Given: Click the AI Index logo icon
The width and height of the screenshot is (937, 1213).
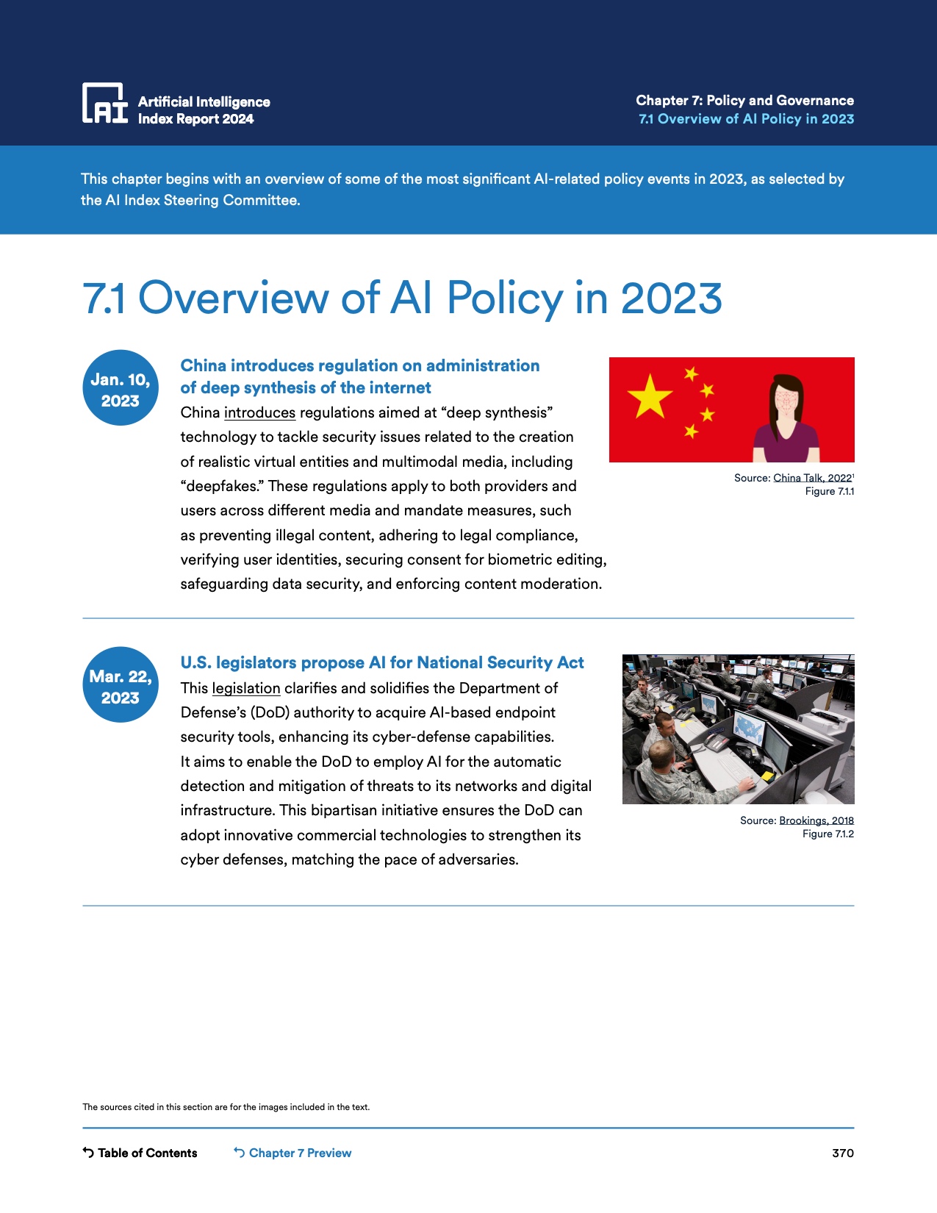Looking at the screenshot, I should pos(104,103).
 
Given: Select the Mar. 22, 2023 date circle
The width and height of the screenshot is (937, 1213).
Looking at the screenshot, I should pos(121,685).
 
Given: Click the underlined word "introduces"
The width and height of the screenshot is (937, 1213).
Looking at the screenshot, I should pos(259,413).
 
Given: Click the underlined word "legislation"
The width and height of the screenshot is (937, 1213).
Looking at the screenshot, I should pos(245,689).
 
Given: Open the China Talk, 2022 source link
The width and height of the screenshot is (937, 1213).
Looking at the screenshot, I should pos(812,478).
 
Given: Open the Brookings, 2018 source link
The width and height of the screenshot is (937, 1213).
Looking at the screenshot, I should pos(816,820).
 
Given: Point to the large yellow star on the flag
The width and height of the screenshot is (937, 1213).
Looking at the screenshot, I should pos(650,396).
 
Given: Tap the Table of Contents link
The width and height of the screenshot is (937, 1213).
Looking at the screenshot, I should pos(140,1153).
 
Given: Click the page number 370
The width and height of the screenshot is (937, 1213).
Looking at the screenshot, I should pos(842,1153).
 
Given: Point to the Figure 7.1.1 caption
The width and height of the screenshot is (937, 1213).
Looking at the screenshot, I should pos(829,491).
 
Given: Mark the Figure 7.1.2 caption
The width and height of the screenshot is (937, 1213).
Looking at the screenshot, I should pos(827,834).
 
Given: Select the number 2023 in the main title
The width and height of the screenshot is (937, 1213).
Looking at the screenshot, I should pos(671,298).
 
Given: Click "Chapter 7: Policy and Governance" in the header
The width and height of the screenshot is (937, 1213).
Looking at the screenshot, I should pos(744,101).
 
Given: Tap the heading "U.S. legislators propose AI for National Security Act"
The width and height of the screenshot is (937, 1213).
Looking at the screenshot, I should pos(382,663).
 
